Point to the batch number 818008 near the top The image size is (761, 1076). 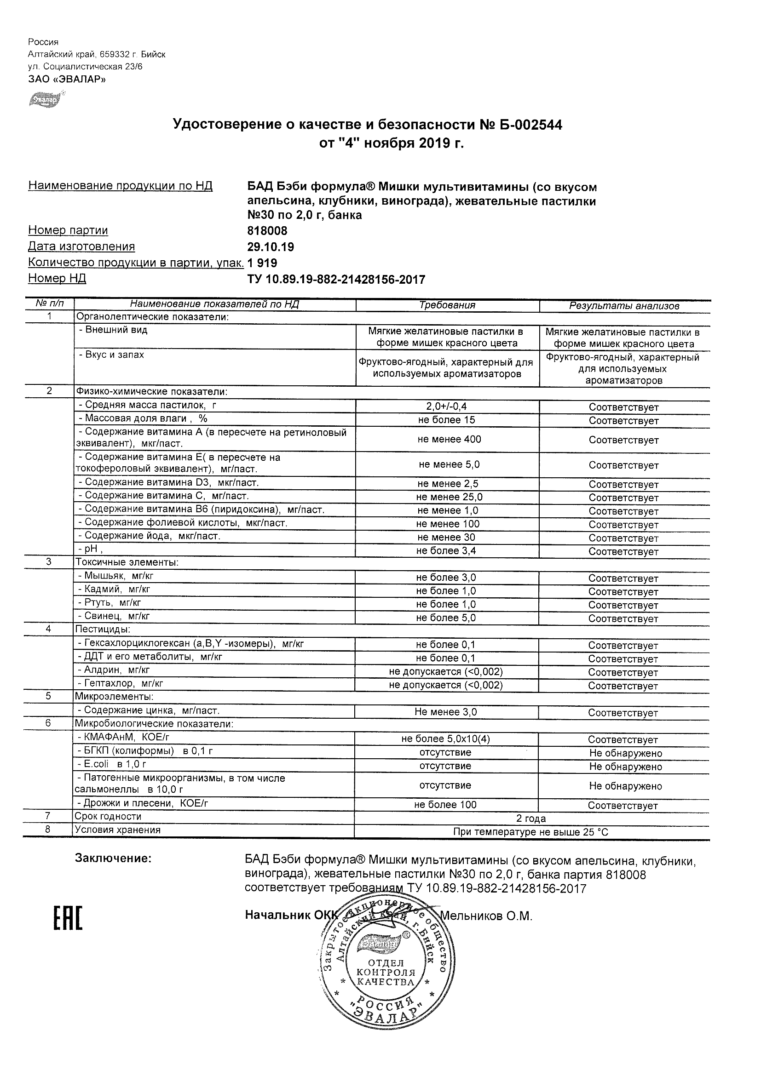point(267,231)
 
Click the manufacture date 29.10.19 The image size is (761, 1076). point(271,247)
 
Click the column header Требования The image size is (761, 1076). point(447,305)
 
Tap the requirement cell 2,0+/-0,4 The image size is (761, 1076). point(446,407)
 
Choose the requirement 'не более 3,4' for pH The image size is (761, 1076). point(446,551)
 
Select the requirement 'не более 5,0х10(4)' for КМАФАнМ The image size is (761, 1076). point(445,739)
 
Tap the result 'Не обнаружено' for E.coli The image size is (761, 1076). point(625,767)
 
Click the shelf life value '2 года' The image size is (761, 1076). point(531,818)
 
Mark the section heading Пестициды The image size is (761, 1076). point(103,630)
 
